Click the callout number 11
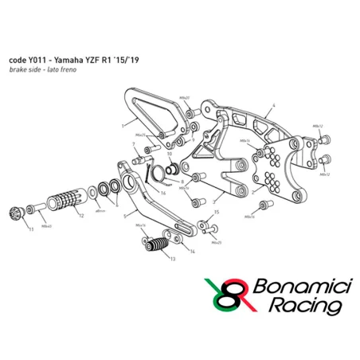pos(30,229)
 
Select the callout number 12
pos(80,216)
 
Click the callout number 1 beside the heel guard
pos(122,125)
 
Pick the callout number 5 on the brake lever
pos(124,215)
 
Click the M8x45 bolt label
pos(47,225)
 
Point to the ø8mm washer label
pos(100,212)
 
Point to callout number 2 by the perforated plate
pos(252,193)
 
